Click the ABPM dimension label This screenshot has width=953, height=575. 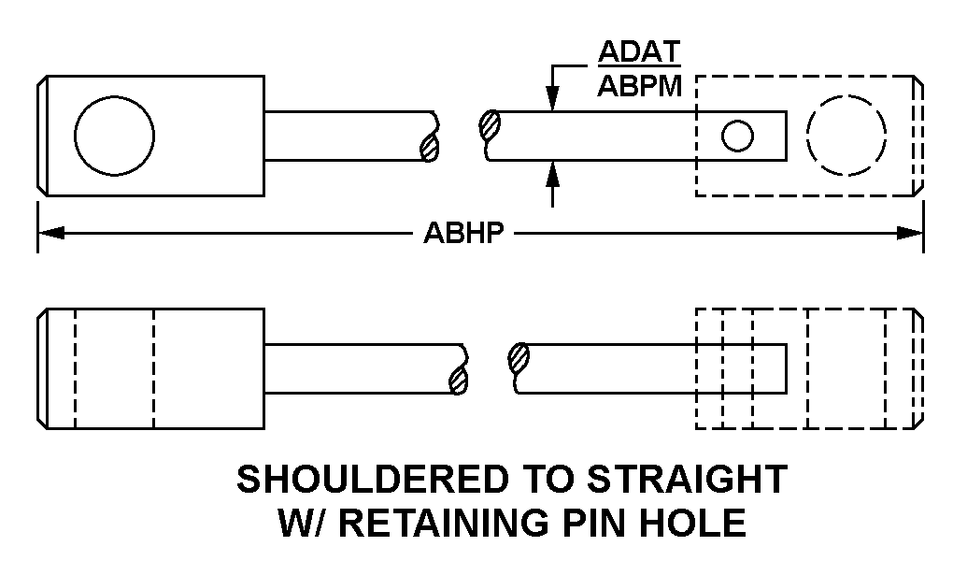click(x=641, y=86)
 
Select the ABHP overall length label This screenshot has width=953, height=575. click(x=464, y=233)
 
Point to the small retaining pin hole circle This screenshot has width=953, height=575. click(x=737, y=137)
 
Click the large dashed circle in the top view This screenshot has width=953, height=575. click(x=846, y=135)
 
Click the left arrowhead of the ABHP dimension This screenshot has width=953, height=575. click(x=50, y=233)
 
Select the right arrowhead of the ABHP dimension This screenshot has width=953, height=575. click(x=910, y=233)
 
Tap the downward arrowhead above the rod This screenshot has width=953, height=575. click(x=553, y=99)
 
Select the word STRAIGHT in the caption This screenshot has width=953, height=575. click(x=688, y=480)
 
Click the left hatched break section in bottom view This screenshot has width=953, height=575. click(x=458, y=380)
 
